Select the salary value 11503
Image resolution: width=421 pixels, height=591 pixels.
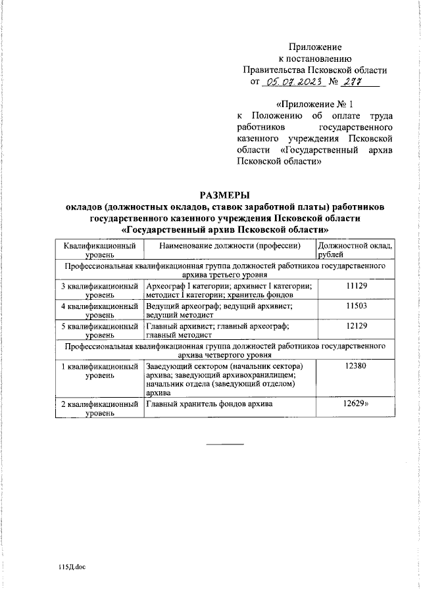click(355, 306)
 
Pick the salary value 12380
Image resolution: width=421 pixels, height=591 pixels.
click(355, 366)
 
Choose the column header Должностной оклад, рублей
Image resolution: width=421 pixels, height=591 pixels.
click(355, 250)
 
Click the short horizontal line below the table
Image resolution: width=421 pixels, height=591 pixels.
click(225, 445)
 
